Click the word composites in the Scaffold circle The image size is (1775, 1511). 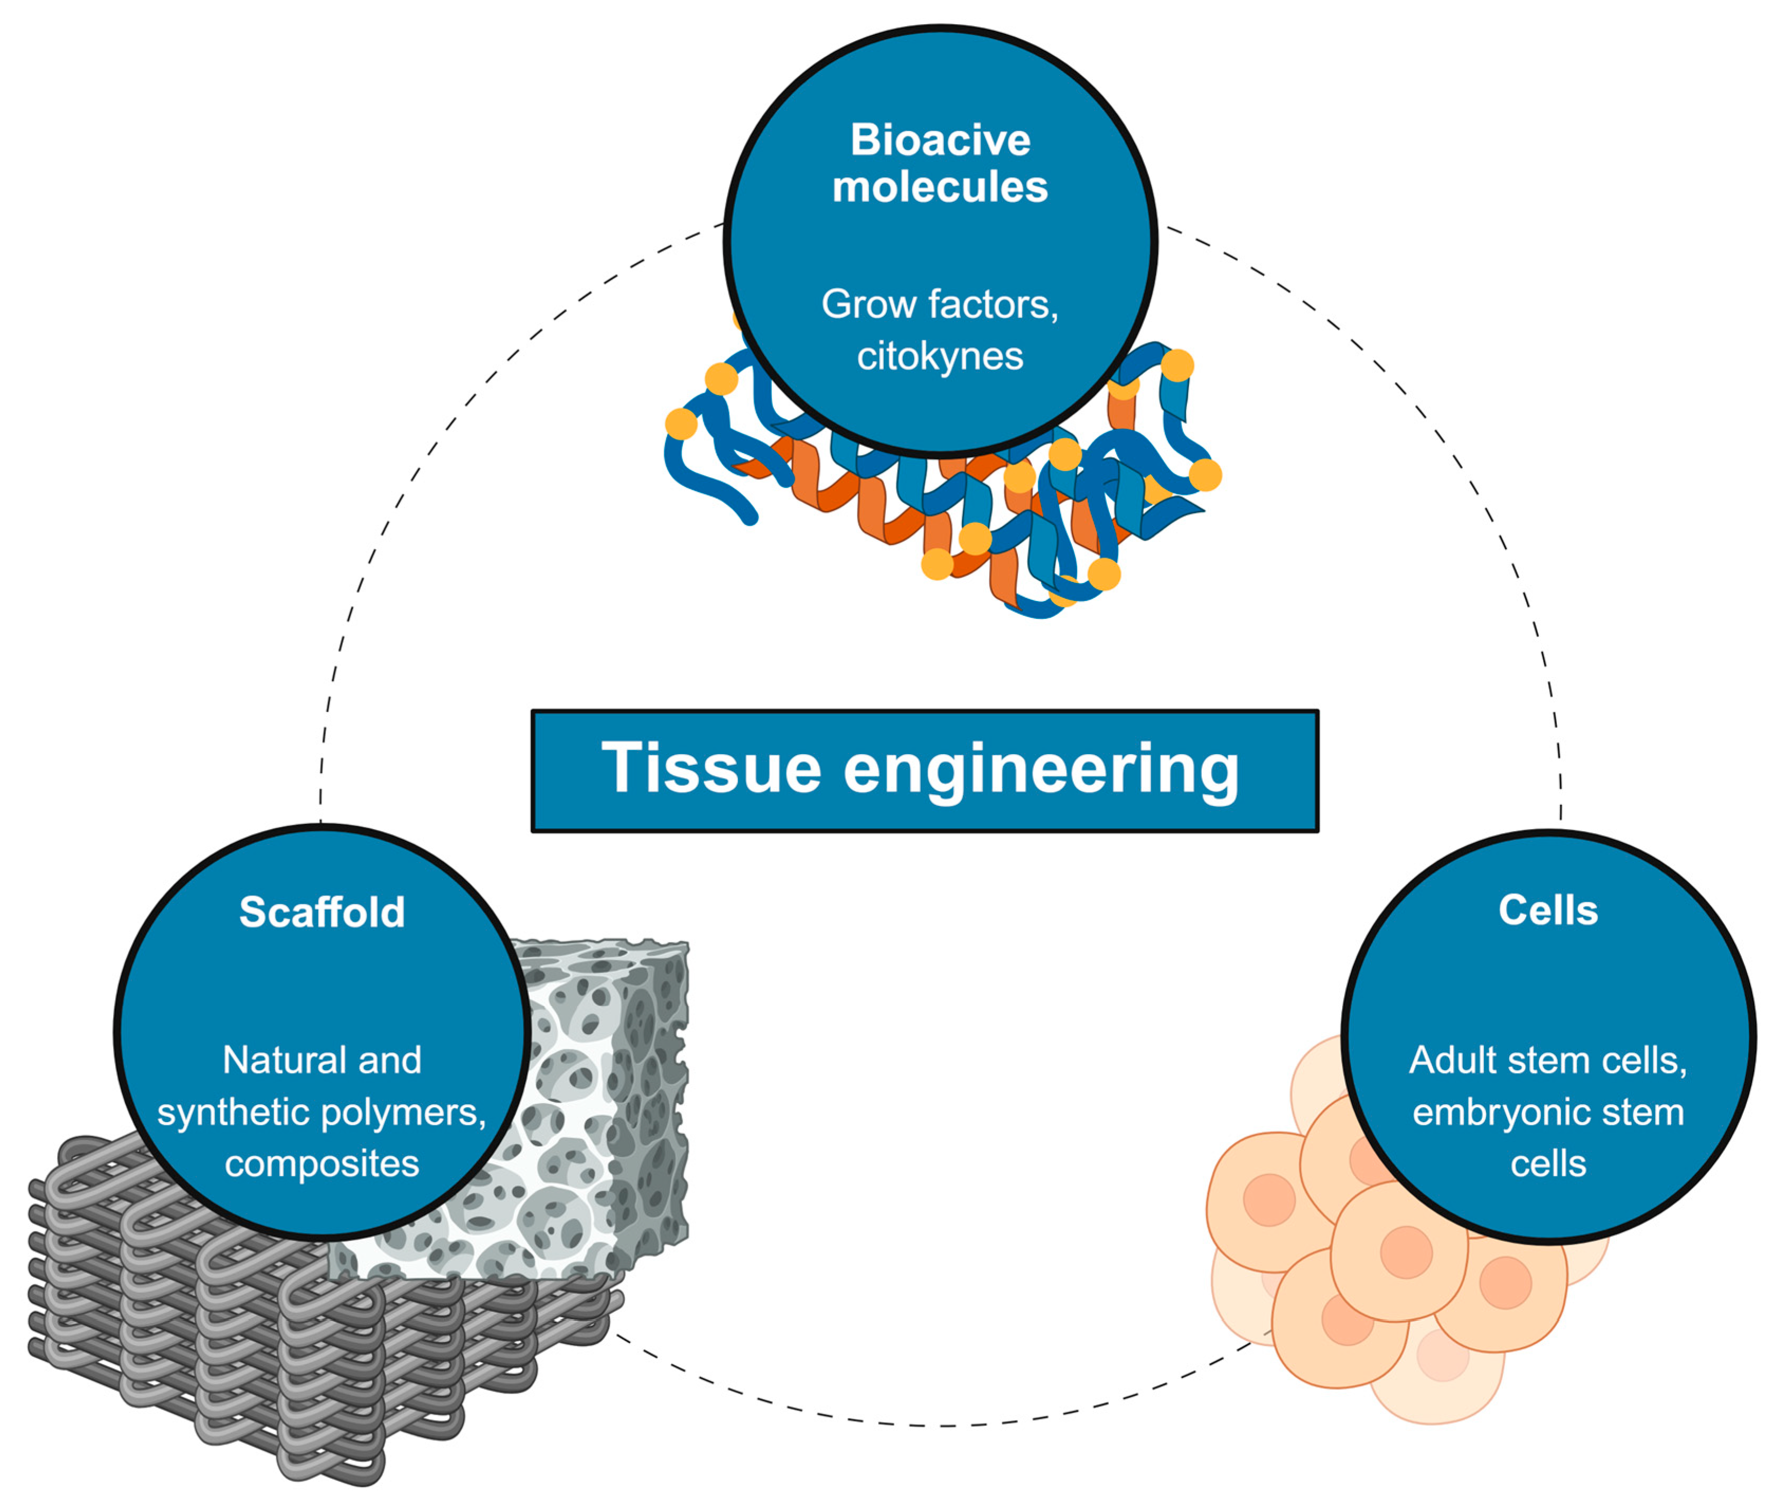tap(322, 1163)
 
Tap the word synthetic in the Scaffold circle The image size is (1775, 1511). tap(236, 1112)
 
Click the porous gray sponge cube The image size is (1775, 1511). tap(600, 1114)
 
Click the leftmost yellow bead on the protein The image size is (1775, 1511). tap(681, 424)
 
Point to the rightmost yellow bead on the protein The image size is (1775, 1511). tap(1205, 475)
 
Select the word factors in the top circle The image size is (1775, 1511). tap(993, 304)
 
